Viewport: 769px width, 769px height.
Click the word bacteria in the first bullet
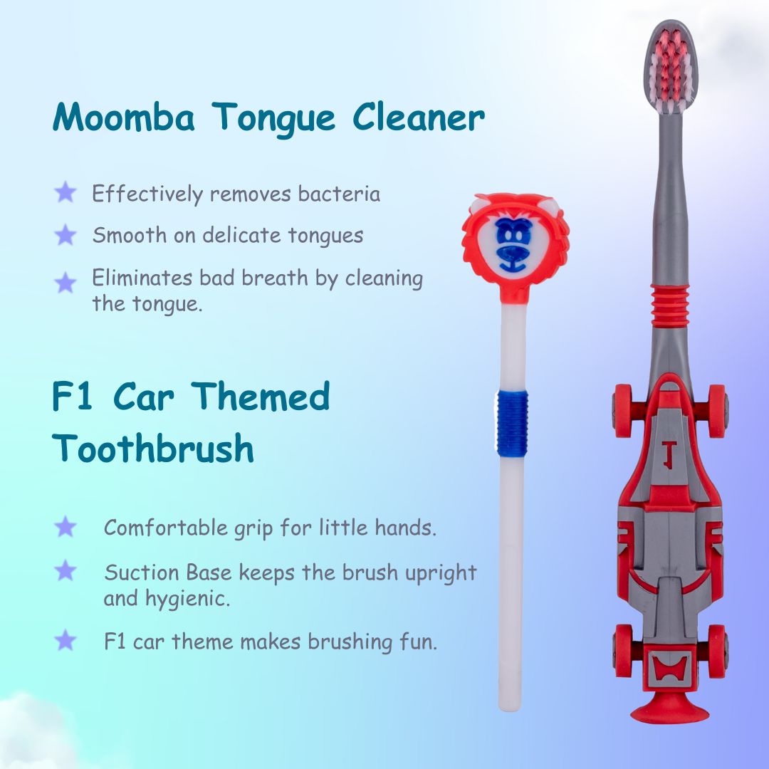tap(339, 194)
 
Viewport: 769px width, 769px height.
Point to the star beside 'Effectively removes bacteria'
tap(66, 192)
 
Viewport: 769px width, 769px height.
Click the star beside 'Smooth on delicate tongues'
tap(66, 234)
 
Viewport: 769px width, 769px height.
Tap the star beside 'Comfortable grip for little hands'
tap(66, 527)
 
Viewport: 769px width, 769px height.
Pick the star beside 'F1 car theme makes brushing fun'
tap(66, 640)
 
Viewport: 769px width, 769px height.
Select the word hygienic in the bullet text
tap(187, 599)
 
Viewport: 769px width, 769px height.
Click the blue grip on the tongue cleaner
tap(513, 423)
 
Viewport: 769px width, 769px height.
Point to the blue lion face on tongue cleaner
tap(513, 245)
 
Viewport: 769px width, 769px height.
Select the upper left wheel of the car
tap(623, 411)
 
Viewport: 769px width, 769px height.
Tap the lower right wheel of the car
tap(718, 652)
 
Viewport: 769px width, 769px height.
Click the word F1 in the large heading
tap(72, 397)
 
